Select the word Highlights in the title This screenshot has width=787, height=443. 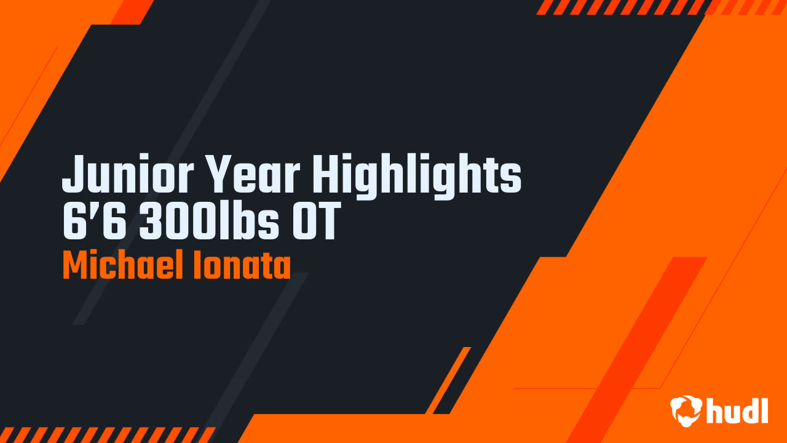coord(417,177)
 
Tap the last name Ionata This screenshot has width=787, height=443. coord(242,265)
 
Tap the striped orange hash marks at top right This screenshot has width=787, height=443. coord(661,7)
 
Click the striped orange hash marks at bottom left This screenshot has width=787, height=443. coord(108,435)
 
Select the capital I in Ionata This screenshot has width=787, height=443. coord(197,265)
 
